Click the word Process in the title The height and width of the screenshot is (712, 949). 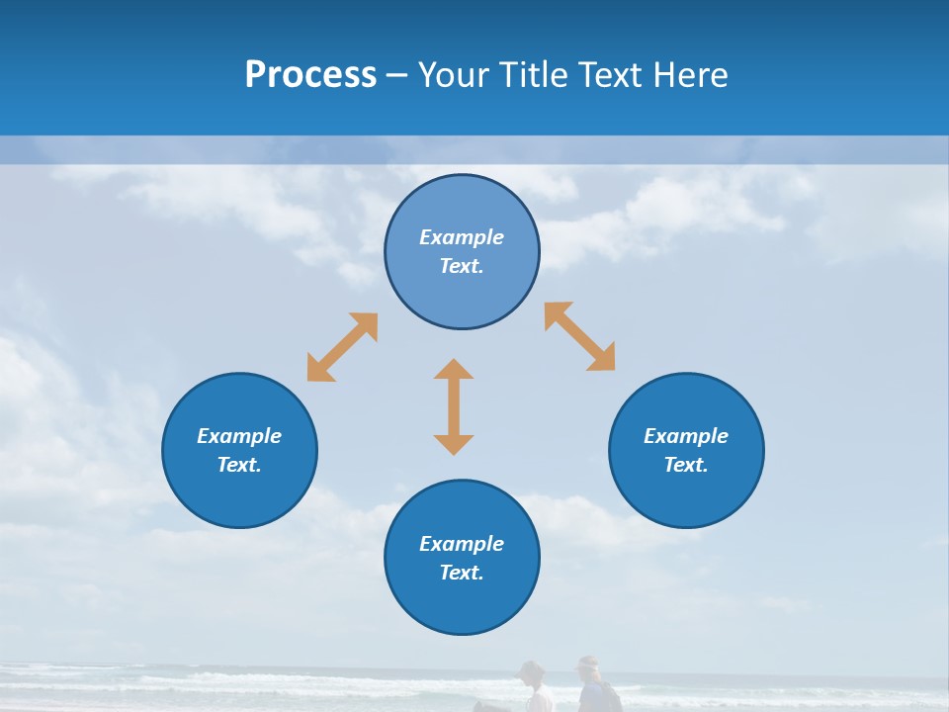[x=310, y=75]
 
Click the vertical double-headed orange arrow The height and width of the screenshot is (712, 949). [x=454, y=406]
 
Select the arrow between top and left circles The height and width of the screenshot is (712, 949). [x=342, y=347]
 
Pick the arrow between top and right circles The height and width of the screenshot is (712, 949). [x=580, y=336]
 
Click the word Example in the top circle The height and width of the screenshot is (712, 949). [x=462, y=237]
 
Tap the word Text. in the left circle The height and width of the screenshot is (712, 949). [x=239, y=465]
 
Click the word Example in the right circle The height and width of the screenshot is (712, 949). [x=686, y=436]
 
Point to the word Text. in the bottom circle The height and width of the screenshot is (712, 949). [x=462, y=573]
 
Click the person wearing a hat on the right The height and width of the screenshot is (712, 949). [x=593, y=687]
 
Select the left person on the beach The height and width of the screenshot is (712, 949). [x=534, y=688]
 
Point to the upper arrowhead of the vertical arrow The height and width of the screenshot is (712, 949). [x=454, y=369]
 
